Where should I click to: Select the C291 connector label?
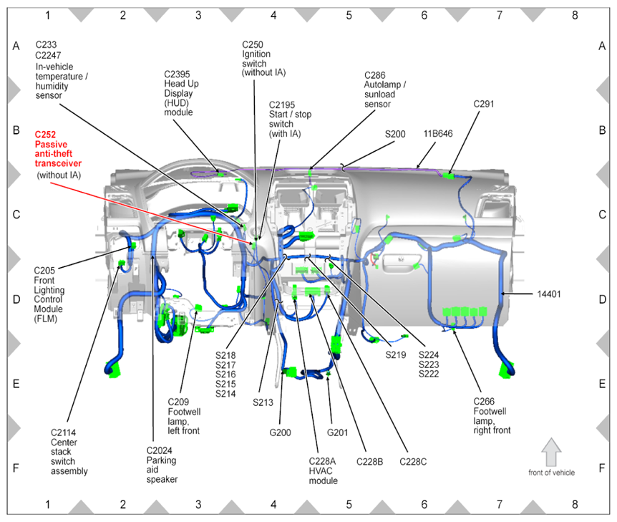click(x=484, y=104)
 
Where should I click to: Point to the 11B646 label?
click(x=437, y=134)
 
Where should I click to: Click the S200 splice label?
click(x=395, y=134)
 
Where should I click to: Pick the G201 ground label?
click(x=337, y=432)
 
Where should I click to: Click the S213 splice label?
click(x=263, y=402)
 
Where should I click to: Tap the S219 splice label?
click(x=395, y=354)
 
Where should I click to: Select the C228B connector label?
click(x=369, y=462)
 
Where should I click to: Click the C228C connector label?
click(x=413, y=462)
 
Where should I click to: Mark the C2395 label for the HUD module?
click(x=177, y=74)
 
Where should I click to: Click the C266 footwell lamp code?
click(x=485, y=402)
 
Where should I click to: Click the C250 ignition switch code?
click(x=253, y=44)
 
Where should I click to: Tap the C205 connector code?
click(x=44, y=271)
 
